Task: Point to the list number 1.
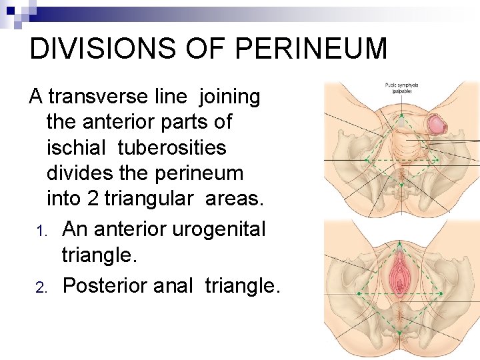(40, 231)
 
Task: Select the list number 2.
(40, 287)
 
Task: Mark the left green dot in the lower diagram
(359, 293)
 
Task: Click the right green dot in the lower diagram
(441, 293)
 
